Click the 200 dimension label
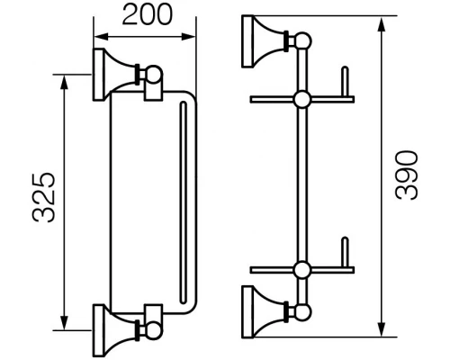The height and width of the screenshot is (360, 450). (x=148, y=14)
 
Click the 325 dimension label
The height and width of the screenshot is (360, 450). (x=44, y=197)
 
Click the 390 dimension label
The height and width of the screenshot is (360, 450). (x=407, y=175)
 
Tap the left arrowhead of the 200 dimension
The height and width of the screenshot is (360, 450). (x=101, y=37)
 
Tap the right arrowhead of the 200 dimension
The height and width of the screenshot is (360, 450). (x=189, y=37)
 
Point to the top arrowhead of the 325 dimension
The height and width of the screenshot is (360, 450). (x=64, y=82)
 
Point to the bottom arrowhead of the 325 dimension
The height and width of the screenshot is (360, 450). (x=64, y=323)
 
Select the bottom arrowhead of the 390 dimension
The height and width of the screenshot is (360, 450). (x=382, y=329)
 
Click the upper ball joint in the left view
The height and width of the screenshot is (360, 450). (x=154, y=74)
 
